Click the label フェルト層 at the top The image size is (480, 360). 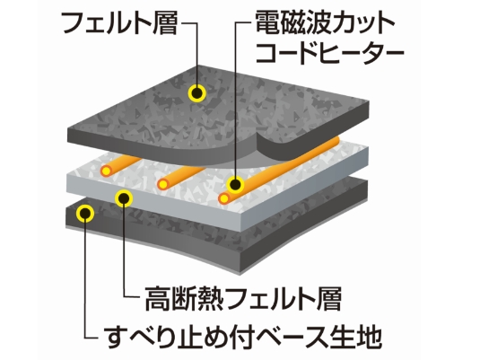click(x=120, y=23)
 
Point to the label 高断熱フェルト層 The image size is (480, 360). click(x=243, y=298)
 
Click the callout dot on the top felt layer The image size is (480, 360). click(x=196, y=92)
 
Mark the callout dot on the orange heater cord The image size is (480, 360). click(x=235, y=185)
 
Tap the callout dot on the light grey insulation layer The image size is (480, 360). click(x=124, y=198)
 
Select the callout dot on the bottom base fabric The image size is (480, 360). click(x=85, y=213)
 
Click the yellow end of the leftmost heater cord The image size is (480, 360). click(x=106, y=171)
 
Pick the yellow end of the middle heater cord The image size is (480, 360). click(x=163, y=184)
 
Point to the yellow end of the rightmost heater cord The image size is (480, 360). click(x=224, y=198)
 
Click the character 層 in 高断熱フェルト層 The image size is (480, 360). click(x=329, y=298)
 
